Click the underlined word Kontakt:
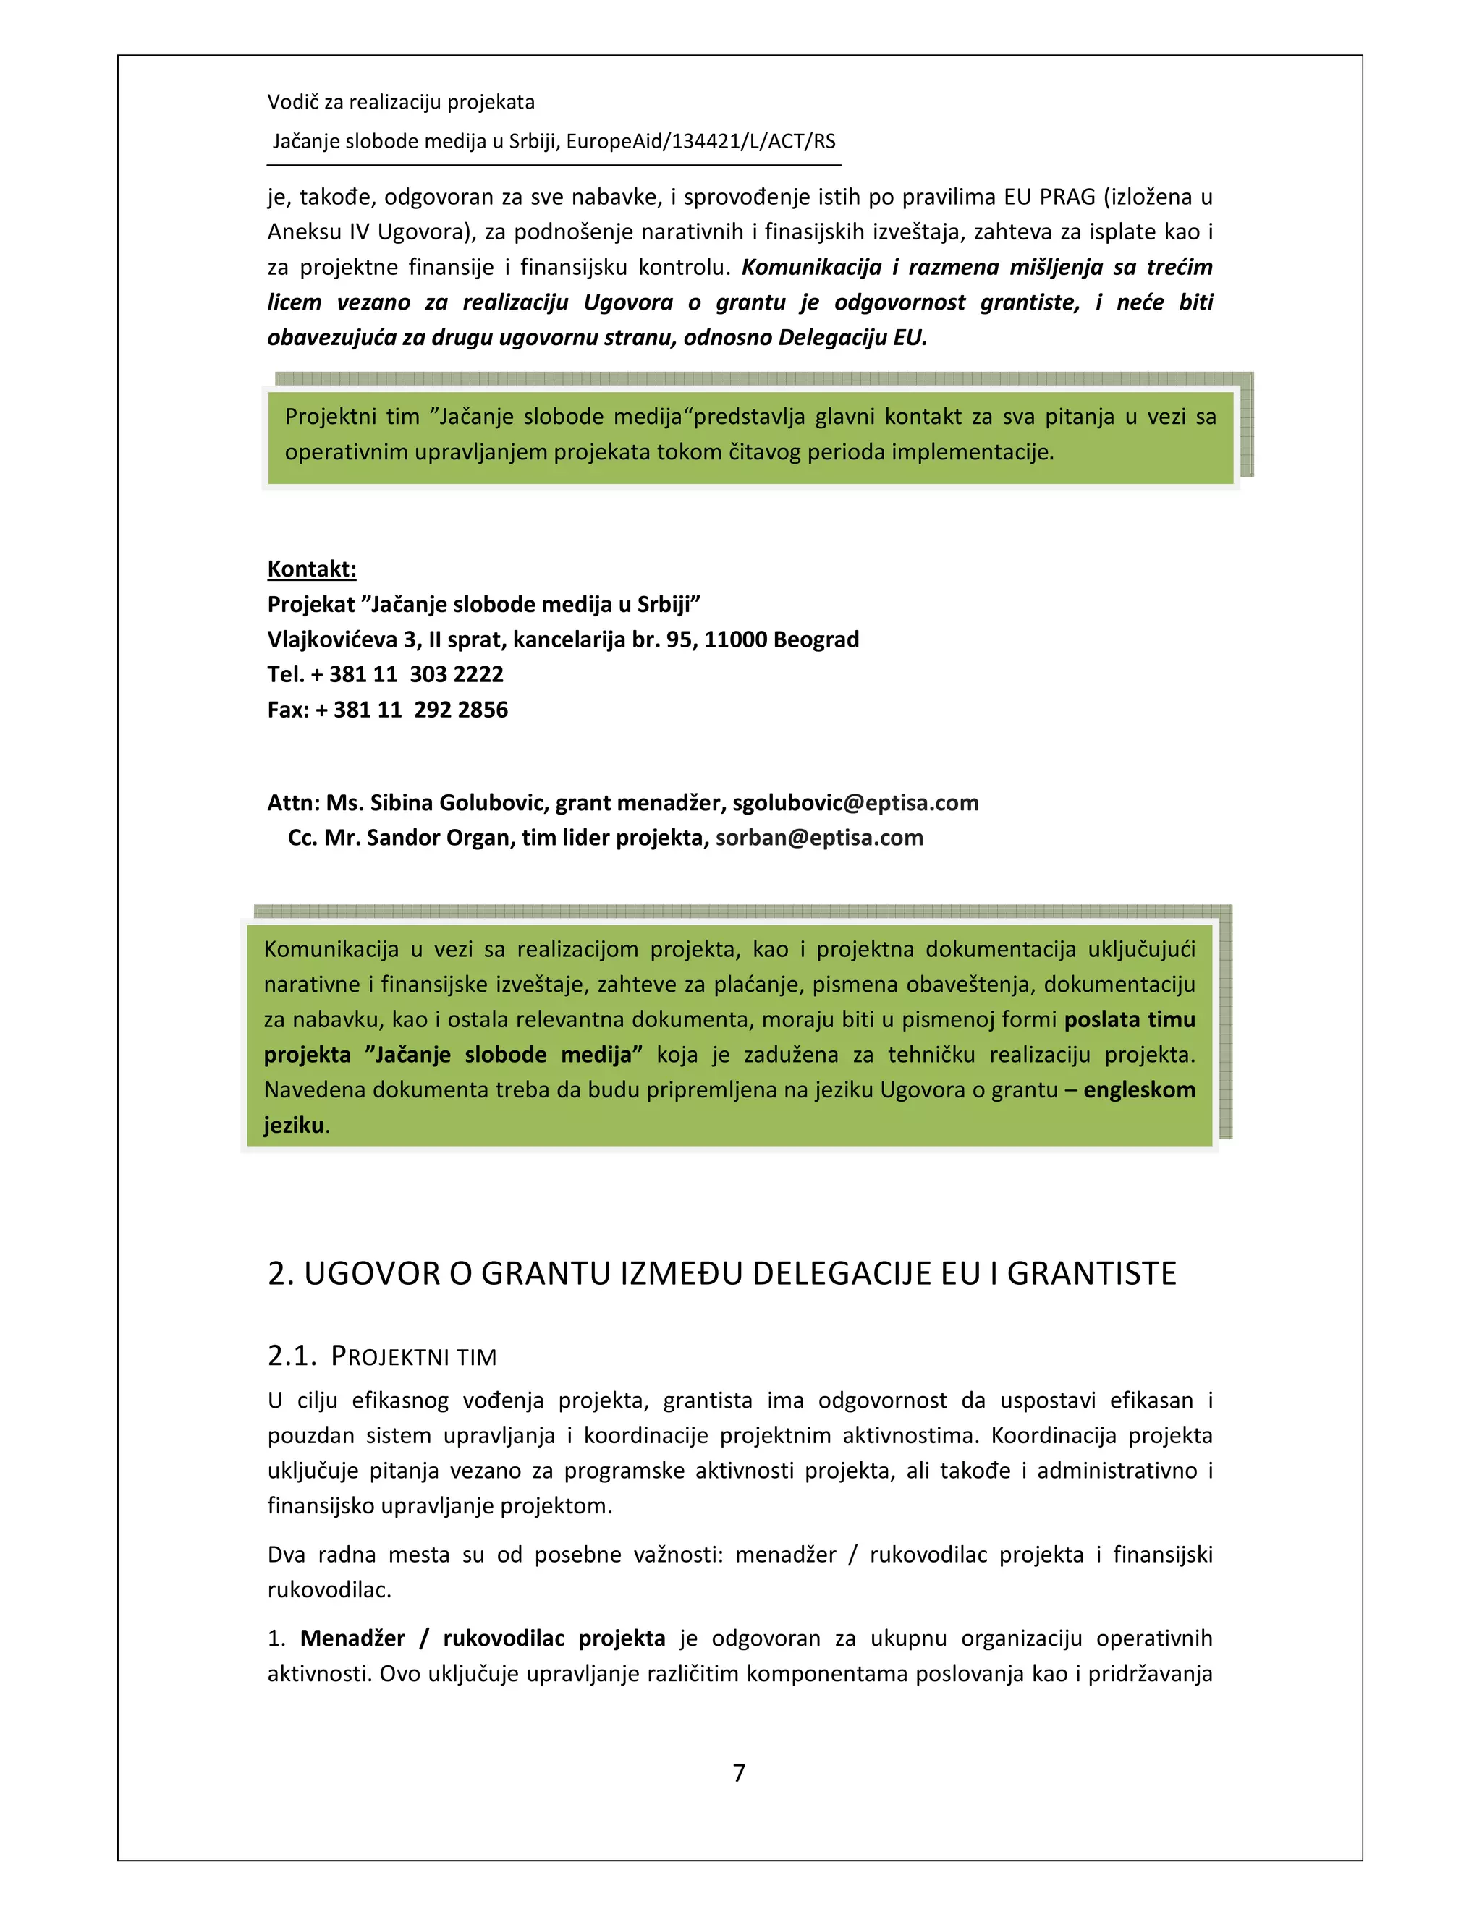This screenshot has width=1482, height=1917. click(312, 569)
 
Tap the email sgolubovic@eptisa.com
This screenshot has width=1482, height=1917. click(855, 802)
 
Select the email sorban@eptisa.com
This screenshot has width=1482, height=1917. click(819, 838)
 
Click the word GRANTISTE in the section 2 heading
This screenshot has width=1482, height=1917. click(1091, 1274)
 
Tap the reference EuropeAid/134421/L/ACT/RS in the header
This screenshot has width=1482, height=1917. click(700, 141)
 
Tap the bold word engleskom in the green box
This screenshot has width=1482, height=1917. click(1139, 1089)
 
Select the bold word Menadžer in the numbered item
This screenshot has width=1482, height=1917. click(352, 1638)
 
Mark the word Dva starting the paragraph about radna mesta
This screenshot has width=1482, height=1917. click(287, 1555)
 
